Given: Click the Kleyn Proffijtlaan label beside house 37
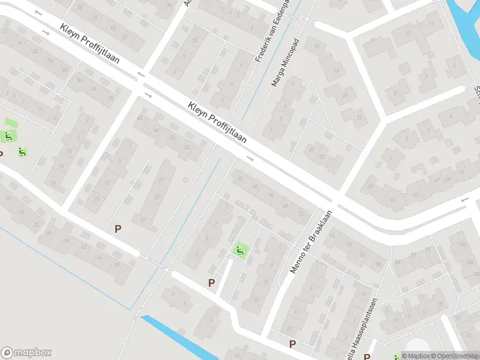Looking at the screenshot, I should (217, 122).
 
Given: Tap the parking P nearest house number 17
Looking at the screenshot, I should (118, 229).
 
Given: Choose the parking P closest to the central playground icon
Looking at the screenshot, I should (211, 283).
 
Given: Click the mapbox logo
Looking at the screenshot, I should (26, 353).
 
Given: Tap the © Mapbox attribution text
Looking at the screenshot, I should (413, 356).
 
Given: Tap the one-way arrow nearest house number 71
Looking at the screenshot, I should (464, 200).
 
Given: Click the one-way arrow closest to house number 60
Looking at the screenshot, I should (250, 159).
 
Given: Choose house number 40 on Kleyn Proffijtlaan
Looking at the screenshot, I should (140, 118).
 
